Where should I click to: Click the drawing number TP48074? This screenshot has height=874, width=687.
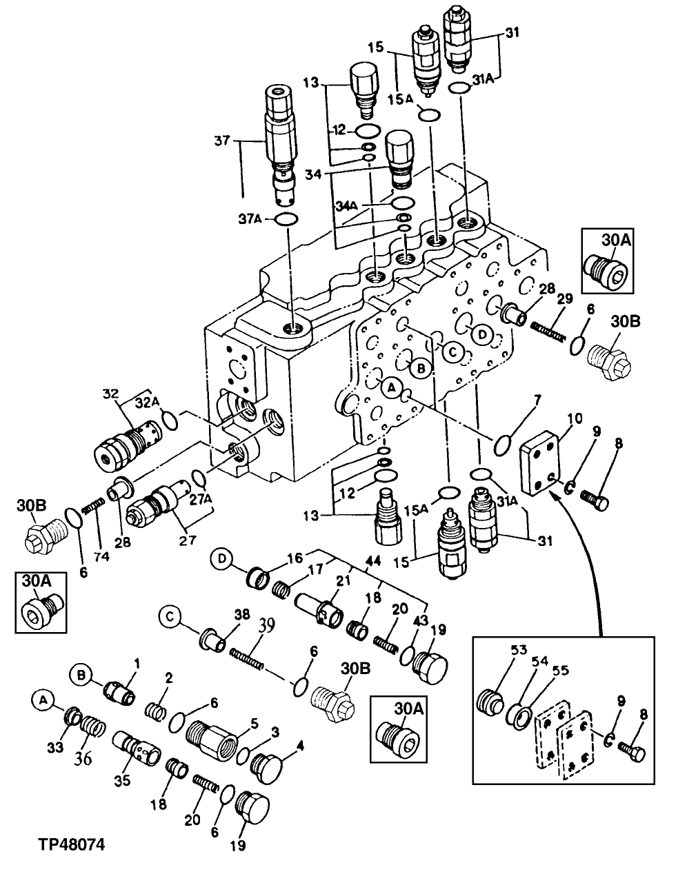click(63, 844)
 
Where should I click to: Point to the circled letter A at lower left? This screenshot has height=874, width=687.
click(42, 700)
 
